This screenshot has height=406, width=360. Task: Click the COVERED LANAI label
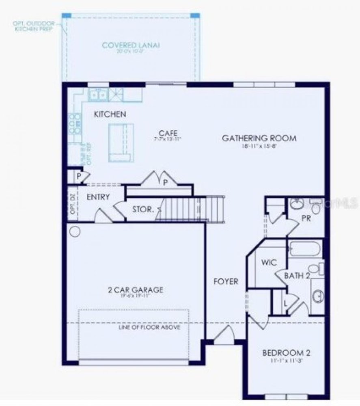pos(130,45)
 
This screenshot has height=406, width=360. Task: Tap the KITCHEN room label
pos(110,114)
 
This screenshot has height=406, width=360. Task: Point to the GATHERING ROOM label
pos(259,138)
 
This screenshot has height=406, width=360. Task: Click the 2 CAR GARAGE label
pos(136,290)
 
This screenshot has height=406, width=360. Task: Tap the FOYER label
pos(226,281)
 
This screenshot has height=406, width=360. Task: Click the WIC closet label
pos(269,262)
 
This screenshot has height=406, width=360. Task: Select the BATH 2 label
pos(297,276)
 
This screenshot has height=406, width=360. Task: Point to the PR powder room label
pos(306,218)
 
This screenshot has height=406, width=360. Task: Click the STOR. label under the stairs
pos(143,210)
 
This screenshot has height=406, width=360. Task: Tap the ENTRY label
pos(98,197)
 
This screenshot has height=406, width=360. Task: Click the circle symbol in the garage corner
pos(75,232)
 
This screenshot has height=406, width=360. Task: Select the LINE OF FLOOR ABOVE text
pos(150,327)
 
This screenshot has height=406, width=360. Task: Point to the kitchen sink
pos(98,95)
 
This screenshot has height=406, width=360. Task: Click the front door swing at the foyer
pos(224,334)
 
